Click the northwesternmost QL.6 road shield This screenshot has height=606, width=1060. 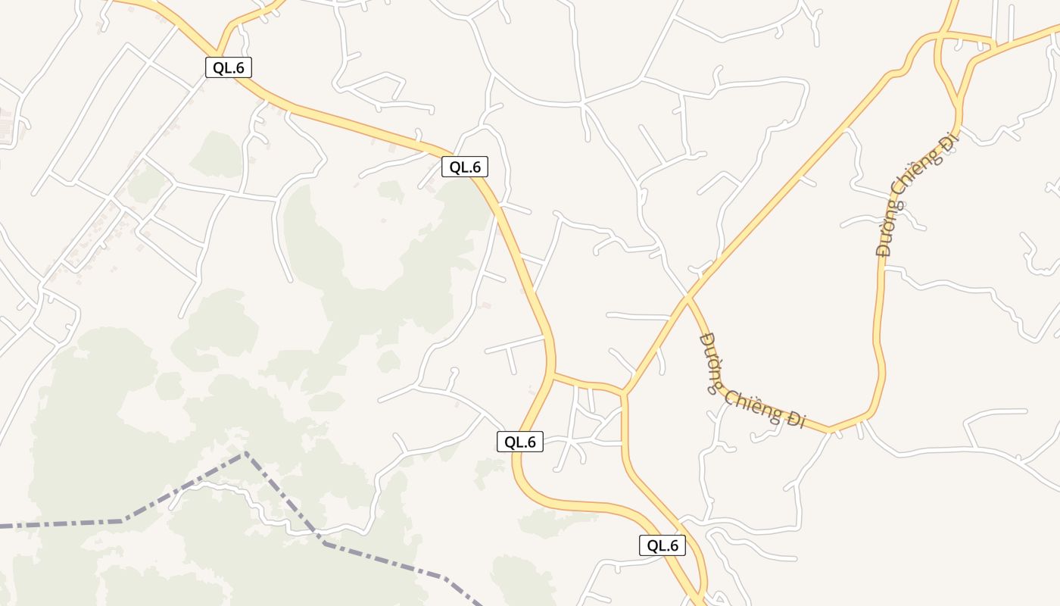(228, 67)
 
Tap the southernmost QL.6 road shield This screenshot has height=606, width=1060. (662, 545)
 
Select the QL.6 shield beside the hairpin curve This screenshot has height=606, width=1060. (520, 442)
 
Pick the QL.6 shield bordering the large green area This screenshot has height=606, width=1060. (465, 167)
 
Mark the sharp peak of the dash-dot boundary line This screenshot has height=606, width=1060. (245, 454)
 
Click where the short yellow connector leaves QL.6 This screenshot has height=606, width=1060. (553, 374)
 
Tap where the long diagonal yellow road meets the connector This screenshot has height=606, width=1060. (625, 392)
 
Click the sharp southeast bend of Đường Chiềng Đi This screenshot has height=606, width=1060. (831, 430)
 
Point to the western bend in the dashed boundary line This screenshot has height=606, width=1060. (123, 520)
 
